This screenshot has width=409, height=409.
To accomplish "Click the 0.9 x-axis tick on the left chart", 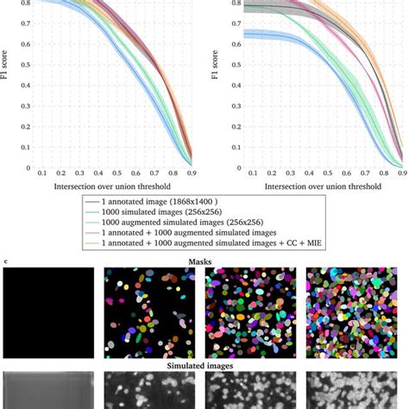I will click(192, 174).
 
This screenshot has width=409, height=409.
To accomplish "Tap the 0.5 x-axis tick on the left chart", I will click(99, 174).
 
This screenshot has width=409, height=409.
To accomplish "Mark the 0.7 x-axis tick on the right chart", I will click(356, 174).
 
